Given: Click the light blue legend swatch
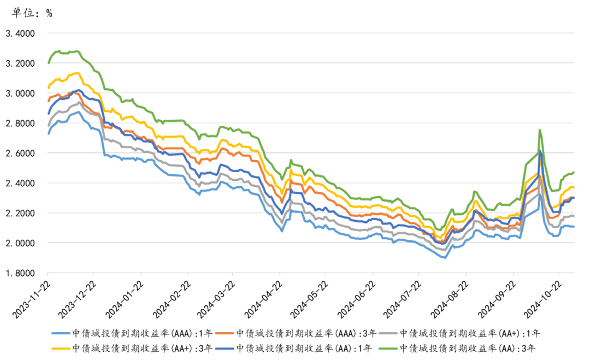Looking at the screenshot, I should [61, 333].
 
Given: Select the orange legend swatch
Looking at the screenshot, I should [225, 333].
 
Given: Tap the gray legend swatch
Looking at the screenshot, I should [388, 333].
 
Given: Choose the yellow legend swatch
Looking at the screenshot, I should [61, 348].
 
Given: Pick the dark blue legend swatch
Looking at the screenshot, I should [225, 348].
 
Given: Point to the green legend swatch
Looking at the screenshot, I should [388, 348].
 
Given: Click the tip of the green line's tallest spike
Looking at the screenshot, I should [539, 130].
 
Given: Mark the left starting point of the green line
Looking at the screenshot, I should [48, 63].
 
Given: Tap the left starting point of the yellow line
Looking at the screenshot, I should [48, 87].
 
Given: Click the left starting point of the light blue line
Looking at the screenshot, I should [48, 133].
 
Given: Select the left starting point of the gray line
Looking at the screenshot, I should [48, 125].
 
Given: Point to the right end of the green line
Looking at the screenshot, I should [574, 172].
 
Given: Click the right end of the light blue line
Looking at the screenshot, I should [574, 227].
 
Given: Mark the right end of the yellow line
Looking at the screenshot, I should [574, 187].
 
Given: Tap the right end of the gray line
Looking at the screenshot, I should [574, 215].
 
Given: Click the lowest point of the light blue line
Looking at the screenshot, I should [444, 257].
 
